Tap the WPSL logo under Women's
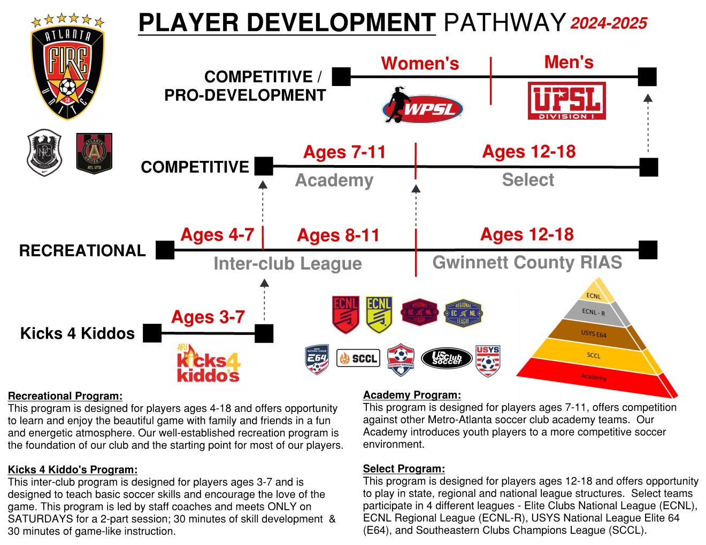pos(422,104)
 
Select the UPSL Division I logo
pos(566,101)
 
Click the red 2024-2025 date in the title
pos(609,23)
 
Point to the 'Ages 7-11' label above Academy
pos(344,152)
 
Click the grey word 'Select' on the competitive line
pos(527,180)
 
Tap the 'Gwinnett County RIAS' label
pos(527,262)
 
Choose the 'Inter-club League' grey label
pos(287,263)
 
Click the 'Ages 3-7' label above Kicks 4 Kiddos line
pos(208,317)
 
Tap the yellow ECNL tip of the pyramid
pos(594,295)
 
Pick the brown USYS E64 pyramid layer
pos(594,334)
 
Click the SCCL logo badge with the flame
pos(358,358)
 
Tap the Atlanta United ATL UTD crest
pos(94,153)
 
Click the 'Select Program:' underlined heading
pos(404,469)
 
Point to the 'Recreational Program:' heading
pos(65,396)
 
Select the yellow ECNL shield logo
pos(379,315)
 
